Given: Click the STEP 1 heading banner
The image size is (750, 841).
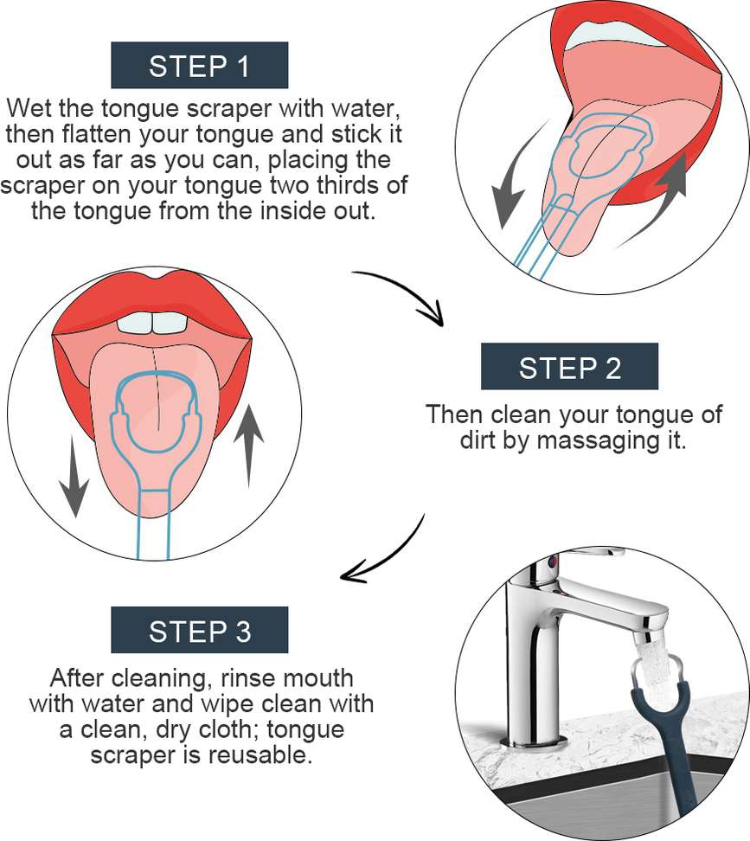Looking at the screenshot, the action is tap(200, 65).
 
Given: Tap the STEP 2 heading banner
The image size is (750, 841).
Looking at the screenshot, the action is tap(569, 366).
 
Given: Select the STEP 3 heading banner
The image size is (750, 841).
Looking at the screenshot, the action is tap(200, 630).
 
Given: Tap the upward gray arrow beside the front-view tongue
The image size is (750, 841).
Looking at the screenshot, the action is tap(249, 446).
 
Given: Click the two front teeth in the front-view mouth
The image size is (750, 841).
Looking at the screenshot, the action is tap(152, 323).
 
